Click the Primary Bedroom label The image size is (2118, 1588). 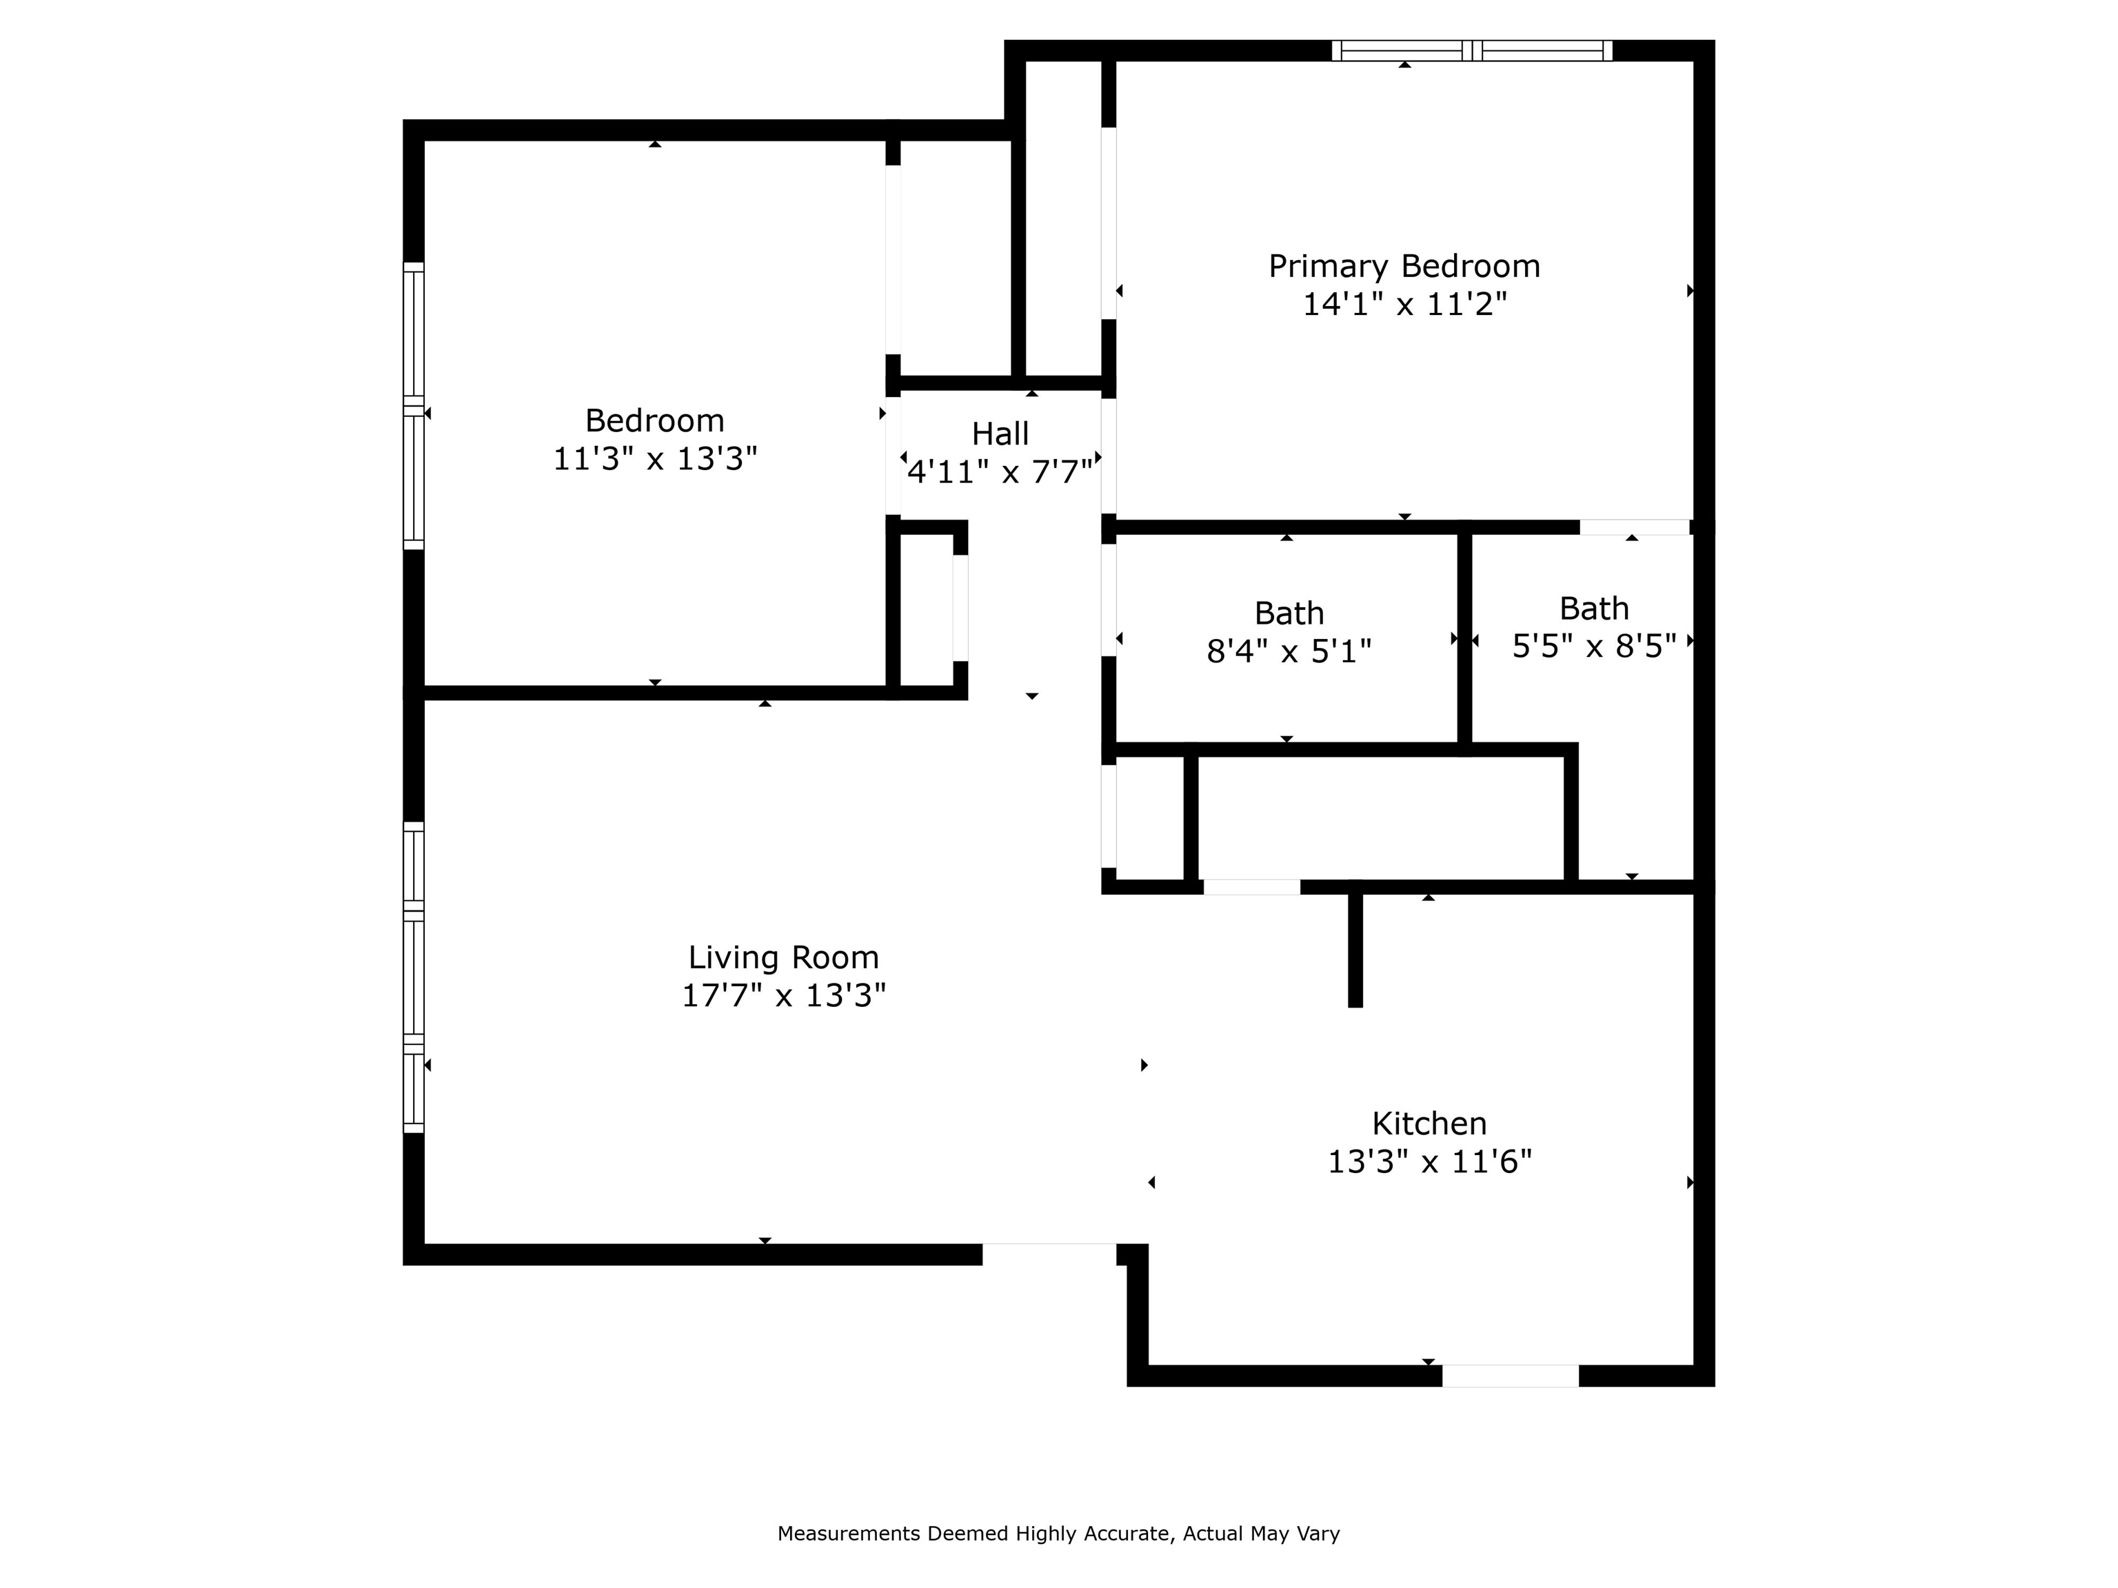coord(1404,266)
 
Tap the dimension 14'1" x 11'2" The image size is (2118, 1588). coord(1404,305)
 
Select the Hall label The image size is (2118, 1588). coord(1000,434)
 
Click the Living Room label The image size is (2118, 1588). coord(783,957)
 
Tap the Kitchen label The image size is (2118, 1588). coord(1429,1123)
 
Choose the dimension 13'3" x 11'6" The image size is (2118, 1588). coord(1429,1162)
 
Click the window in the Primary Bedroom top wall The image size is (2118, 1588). coord(1472,51)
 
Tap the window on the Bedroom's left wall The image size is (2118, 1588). coord(413,406)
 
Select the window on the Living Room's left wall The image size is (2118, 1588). coord(413,977)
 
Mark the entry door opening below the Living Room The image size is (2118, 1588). coord(1049,1254)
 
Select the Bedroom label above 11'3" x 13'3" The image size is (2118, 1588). coord(655,421)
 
